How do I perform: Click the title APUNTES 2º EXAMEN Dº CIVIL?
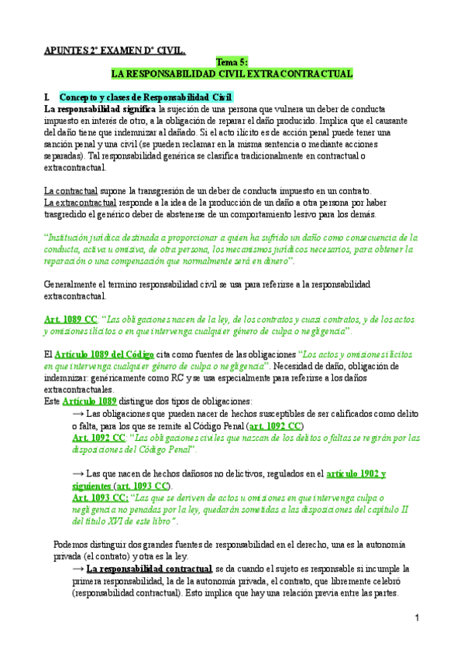click(114, 51)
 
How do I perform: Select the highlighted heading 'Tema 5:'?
click(231, 63)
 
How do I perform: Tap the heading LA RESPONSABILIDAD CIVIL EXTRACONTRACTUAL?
click(232, 73)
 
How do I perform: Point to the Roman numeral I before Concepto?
click(47, 97)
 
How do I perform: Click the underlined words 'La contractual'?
click(70, 191)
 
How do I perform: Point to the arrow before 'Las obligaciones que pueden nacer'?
click(77, 413)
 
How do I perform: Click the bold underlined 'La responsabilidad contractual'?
click(150, 569)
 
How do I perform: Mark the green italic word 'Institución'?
click(67, 237)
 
